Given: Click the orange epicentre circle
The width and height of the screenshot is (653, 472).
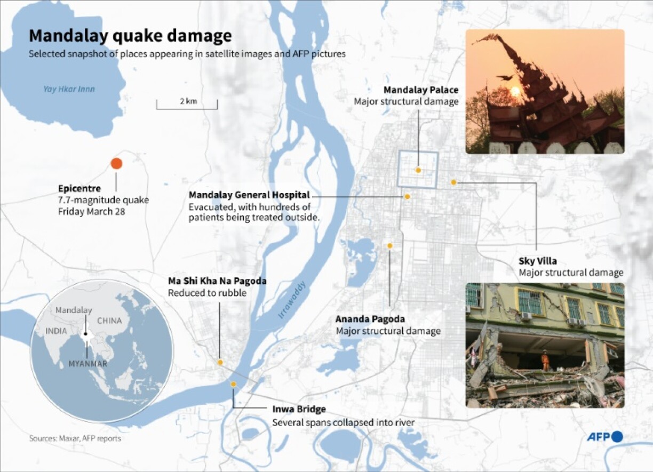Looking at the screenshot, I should pos(116,164).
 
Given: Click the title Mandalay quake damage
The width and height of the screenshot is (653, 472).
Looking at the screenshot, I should pos(130,36).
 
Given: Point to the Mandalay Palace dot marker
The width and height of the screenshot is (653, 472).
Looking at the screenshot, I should pos(418,170).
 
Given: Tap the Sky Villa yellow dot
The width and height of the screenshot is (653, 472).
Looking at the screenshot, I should pos(453,182).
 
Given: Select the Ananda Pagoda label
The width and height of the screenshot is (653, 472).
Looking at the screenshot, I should pos(370,319).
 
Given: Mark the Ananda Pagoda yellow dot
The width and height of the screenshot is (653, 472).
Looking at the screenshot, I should pos(390,246).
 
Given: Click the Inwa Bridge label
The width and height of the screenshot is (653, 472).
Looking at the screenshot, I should pos(299,410).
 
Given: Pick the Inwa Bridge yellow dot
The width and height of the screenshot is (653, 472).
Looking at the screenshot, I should pos(233,384).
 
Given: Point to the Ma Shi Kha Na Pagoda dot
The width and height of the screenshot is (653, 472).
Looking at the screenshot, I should pos(220,362).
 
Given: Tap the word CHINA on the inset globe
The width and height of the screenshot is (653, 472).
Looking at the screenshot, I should pos(109,321).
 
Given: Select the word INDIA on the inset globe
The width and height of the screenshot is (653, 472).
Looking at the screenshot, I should pos(56,331).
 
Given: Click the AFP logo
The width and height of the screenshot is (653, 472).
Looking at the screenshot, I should pos(605,437).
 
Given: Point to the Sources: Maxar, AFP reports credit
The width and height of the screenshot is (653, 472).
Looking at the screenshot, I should pos(75,438).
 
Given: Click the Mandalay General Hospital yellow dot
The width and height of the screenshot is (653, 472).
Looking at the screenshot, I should pos(407,196).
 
